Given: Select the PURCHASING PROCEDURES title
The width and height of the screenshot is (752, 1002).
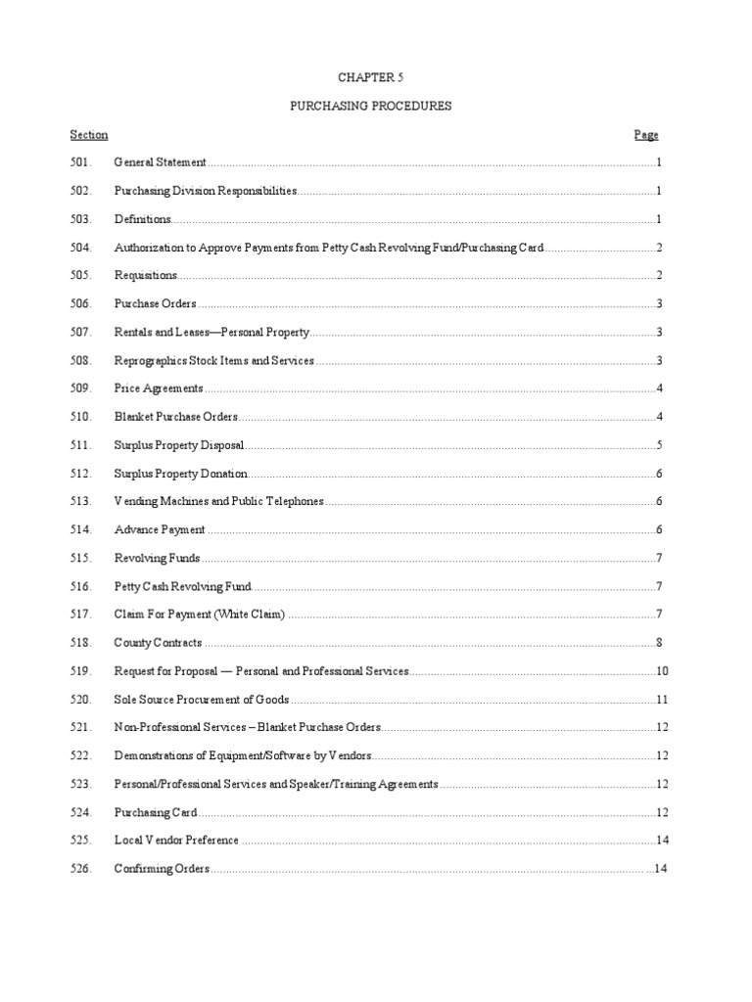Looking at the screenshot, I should (370, 107).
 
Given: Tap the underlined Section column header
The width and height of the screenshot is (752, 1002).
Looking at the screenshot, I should (89, 135).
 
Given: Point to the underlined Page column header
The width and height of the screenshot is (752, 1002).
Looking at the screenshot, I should (646, 135).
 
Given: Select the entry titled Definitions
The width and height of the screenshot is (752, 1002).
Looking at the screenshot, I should (143, 219).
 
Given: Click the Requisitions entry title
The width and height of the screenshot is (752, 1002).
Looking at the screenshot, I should (146, 276).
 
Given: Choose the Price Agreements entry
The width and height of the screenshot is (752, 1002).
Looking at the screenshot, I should (159, 389).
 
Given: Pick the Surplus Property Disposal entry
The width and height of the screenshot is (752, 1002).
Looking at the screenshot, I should (178, 445).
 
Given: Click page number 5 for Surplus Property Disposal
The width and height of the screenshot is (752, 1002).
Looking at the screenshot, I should (660, 445).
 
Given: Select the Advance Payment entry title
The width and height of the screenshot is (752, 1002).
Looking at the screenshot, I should (160, 530).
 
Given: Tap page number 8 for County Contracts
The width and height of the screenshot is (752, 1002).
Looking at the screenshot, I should (660, 643).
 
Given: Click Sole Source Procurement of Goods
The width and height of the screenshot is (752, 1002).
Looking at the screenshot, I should (203, 700).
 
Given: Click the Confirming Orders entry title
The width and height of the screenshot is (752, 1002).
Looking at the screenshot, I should (162, 869).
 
